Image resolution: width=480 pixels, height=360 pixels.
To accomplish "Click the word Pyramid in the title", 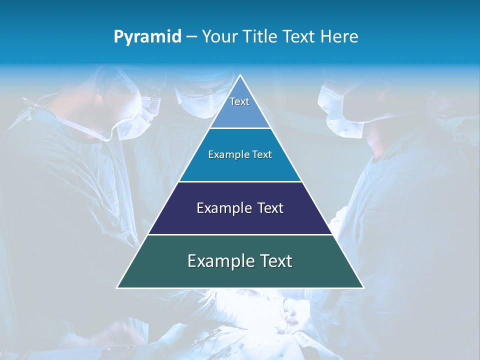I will click(147, 36).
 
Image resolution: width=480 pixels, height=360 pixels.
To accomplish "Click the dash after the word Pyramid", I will click(191, 37).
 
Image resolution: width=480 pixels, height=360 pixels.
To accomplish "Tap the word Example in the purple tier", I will click(222, 208).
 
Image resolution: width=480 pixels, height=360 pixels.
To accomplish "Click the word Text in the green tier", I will click(274, 261).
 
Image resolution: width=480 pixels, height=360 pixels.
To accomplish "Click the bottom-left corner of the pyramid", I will click(117, 287).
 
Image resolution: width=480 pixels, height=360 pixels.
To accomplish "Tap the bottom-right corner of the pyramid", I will click(363, 287).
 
